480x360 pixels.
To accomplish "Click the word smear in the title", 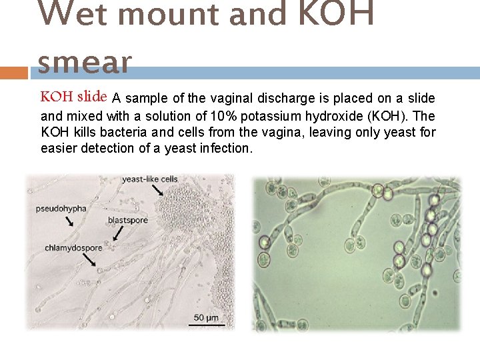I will point(85,63).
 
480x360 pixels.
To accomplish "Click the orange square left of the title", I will point(15,72).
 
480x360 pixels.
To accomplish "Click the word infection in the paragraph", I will point(225,148).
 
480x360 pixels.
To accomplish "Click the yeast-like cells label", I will point(150,179).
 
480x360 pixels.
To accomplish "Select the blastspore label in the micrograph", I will point(127,220).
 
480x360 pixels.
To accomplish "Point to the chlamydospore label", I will point(74,248).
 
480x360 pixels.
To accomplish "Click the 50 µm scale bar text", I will point(206,317).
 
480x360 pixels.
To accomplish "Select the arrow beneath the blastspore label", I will point(117,233).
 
